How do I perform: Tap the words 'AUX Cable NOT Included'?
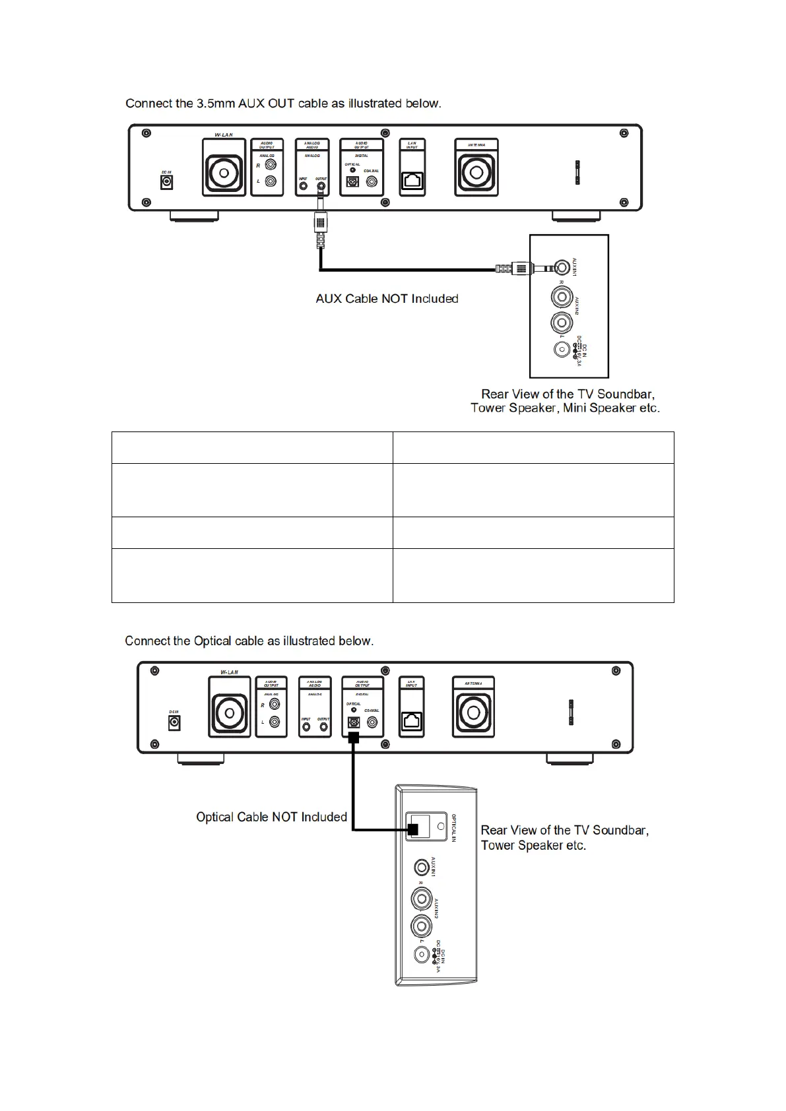tap(387, 299)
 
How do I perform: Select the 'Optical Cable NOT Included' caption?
tap(271, 817)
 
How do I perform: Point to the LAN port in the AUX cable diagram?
tap(412, 181)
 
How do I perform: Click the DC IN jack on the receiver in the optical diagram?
tap(174, 723)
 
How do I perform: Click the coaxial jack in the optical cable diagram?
tap(372, 723)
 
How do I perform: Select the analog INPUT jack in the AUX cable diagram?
tap(303, 187)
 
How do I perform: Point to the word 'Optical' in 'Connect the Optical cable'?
tap(210, 641)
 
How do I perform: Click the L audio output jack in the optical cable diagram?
tap(275, 722)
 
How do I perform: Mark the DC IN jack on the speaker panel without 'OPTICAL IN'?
tap(561, 350)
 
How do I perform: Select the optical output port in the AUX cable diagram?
tap(352, 183)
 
